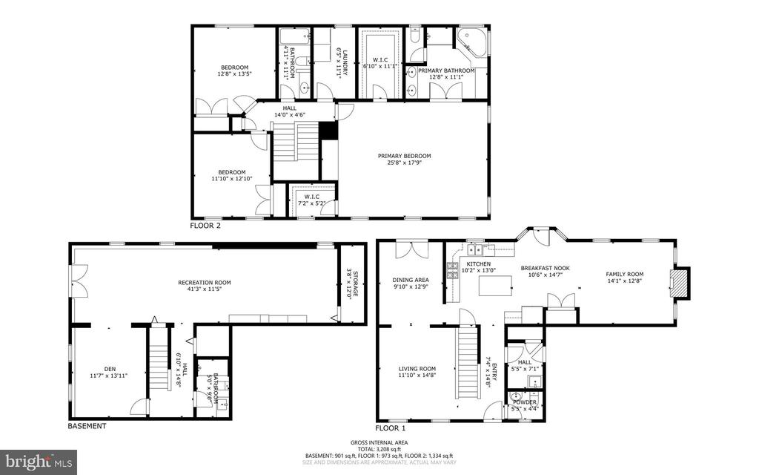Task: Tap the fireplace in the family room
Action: click(675, 283)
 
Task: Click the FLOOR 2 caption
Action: click(205, 225)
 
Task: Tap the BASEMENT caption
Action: click(87, 426)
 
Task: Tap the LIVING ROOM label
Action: click(417, 369)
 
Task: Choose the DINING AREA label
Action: click(410, 280)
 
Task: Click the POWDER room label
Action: click(524, 402)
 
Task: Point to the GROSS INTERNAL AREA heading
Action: click(379, 443)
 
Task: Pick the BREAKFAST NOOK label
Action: click(545, 268)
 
